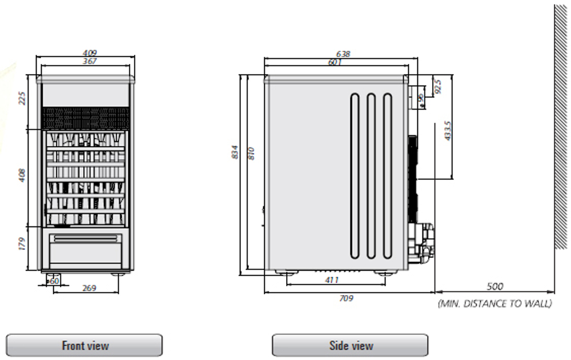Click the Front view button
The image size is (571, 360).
point(84,345)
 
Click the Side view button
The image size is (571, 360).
point(350,345)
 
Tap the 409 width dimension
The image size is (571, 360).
point(90,54)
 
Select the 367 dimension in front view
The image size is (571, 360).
point(90,61)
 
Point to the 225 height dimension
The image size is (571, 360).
point(22,98)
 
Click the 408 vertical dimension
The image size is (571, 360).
point(22,175)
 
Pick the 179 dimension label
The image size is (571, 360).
point(22,244)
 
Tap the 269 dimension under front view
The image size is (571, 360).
point(89,288)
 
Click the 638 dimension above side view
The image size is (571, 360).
point(343,54)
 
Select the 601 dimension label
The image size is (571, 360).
point(335,62)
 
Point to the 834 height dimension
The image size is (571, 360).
point(235,152)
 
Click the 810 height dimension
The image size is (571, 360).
point(251,153)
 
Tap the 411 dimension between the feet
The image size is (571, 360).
point(332,280)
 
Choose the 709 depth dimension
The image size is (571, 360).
point(346,298)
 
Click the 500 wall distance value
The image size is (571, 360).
point(495,286)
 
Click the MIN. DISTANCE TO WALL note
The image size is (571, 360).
point(495,303)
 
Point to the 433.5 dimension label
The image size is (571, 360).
point(448,131)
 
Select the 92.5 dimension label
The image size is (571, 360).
point(438,86)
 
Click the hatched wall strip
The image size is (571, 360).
point(561,127)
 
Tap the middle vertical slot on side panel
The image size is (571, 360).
point(371,176)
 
